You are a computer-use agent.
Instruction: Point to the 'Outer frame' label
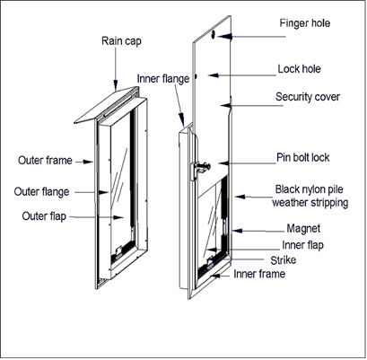[x=43, y=162]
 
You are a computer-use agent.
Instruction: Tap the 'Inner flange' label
[x=164, y=78]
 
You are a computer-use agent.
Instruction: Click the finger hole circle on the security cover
[x=218, y=37]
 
